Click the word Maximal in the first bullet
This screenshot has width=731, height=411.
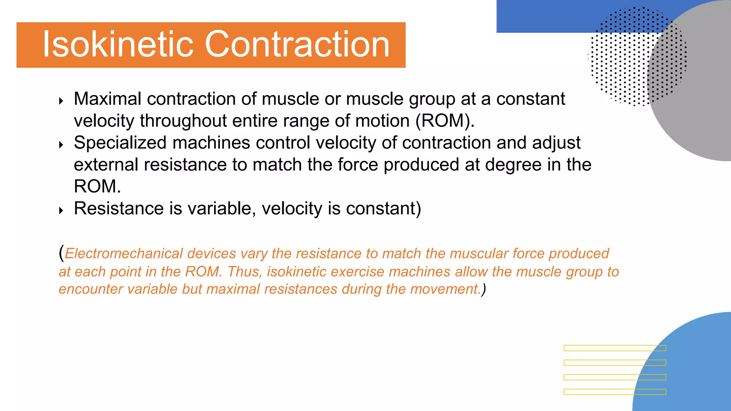[107, 99]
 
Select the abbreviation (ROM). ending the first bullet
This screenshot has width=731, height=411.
[445, 121]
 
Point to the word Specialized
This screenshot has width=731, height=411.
[120, 143]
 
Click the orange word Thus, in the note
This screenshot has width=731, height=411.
[245, 272]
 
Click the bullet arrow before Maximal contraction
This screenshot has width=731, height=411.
[61, 101]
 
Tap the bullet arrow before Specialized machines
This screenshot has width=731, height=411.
[61, 145]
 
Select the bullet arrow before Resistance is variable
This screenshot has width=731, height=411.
[61, 210]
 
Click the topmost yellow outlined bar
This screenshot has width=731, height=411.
[614, 348]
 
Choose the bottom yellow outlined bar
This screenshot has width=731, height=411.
[614, 392]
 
